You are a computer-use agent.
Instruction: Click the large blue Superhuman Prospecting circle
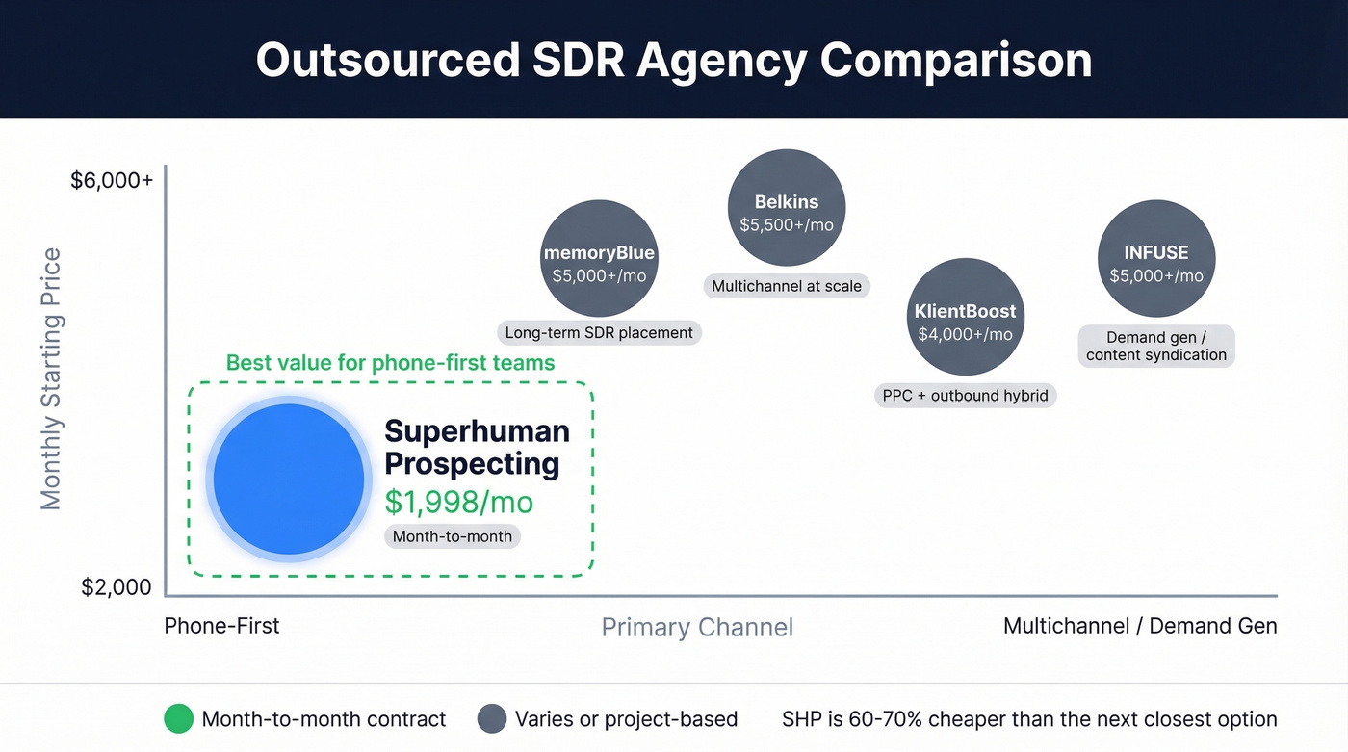(x=289, y=480)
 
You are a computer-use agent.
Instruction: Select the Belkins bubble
(x=787, y=208)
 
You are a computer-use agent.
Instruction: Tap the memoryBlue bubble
(x=599, y=259)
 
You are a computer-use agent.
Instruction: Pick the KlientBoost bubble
(x=965, y=317)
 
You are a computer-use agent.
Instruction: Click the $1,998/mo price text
(x=458, y=502)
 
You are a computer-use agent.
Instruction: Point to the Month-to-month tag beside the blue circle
(x=453, y=536)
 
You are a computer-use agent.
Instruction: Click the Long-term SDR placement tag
(x=599, y=333)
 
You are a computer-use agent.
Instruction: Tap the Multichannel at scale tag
(x=787, y=286)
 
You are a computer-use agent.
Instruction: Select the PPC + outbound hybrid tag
(x=965, y=396)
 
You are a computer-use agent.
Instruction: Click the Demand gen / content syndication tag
(x=1156, y=346)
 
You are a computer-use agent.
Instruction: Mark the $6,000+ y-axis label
(x=112, y=180)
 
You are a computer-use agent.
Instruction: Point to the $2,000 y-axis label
(x=117, y=587)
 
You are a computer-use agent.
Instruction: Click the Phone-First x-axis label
(x=221, y=626)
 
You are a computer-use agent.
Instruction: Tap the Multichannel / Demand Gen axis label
(x=1140, y=626)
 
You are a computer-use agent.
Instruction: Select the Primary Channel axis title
(x=697, y=628)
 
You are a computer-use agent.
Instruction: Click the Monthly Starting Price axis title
(x=51, y=378)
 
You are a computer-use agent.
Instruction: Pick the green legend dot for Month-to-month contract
(x=179, y=719)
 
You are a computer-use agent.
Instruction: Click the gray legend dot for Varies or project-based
(x=492, y=719)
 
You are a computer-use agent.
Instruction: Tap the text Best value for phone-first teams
(x=390, y=363)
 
